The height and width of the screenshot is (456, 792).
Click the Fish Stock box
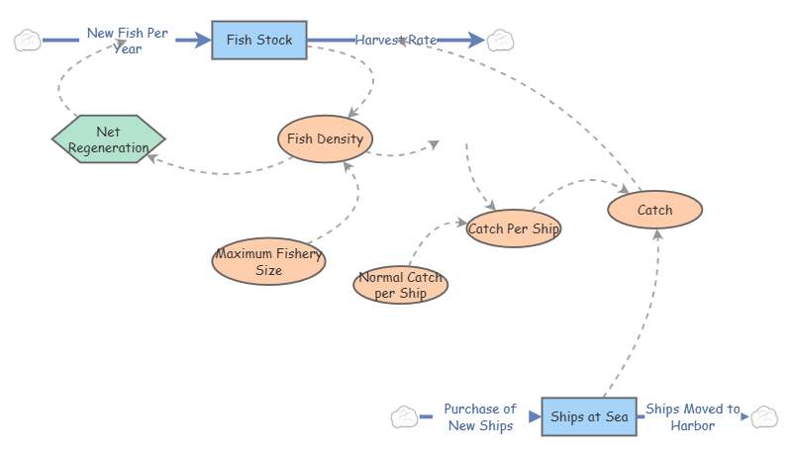coord(259,41)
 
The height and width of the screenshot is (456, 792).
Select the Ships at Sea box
coord(589,416)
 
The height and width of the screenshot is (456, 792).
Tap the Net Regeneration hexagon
coord(109,139)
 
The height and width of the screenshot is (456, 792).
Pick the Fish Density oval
coord(324,138)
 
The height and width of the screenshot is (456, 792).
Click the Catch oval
coord(654,210)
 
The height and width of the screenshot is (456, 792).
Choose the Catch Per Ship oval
coord(514,229)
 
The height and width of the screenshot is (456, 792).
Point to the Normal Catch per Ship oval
coord(401,286)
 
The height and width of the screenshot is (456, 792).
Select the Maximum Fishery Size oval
coord(269,261)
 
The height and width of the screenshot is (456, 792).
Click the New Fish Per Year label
coord(128,40)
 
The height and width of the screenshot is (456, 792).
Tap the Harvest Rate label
coord(396,40)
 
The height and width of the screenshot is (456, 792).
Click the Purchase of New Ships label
coord(480,416)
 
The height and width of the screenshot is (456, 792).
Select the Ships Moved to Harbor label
coord(692,416)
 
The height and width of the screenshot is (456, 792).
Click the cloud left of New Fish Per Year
coord(27,41)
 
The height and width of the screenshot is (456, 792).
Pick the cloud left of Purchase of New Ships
coord(404,416)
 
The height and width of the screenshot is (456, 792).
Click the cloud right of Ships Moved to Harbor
coord(764,416)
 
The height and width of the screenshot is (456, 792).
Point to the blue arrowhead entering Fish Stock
coord(205,41)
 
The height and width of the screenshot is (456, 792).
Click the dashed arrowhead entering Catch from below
coord(656,233)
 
